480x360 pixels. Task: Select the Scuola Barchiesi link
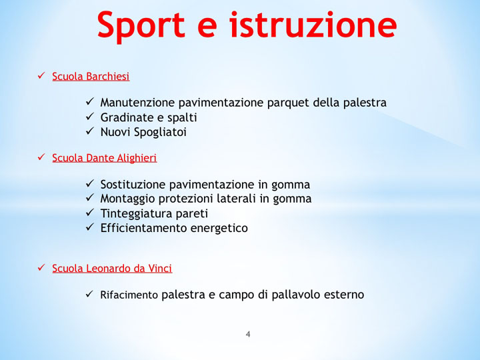coord(91,77)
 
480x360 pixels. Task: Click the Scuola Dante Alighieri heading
coord(104,158)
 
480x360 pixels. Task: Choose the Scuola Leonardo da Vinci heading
coord(112,269)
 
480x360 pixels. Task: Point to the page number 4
coord(248,334)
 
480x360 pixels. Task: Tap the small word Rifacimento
coord(129,295)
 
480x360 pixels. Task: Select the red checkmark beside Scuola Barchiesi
coord(41,76)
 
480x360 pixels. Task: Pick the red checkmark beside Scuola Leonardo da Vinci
coord(41,268)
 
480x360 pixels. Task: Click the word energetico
coord(219,228)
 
